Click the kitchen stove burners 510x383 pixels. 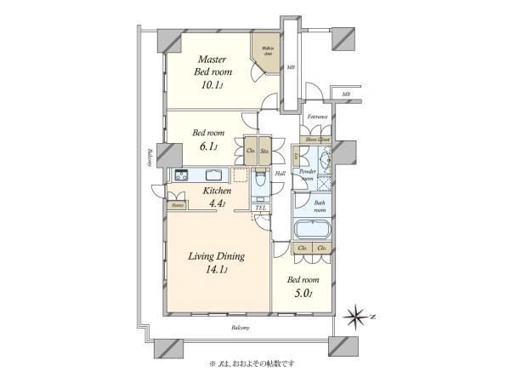(182, 174)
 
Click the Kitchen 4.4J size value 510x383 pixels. (212, 204)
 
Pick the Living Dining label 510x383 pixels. (217, 256)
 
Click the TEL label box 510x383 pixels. (260, 208)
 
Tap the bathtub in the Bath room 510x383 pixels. (312, 231)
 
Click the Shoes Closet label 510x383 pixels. (319, 138)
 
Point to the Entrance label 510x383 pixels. (318, 117)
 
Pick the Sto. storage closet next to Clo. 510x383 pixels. (264, 151)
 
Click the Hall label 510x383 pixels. (280, 174)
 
